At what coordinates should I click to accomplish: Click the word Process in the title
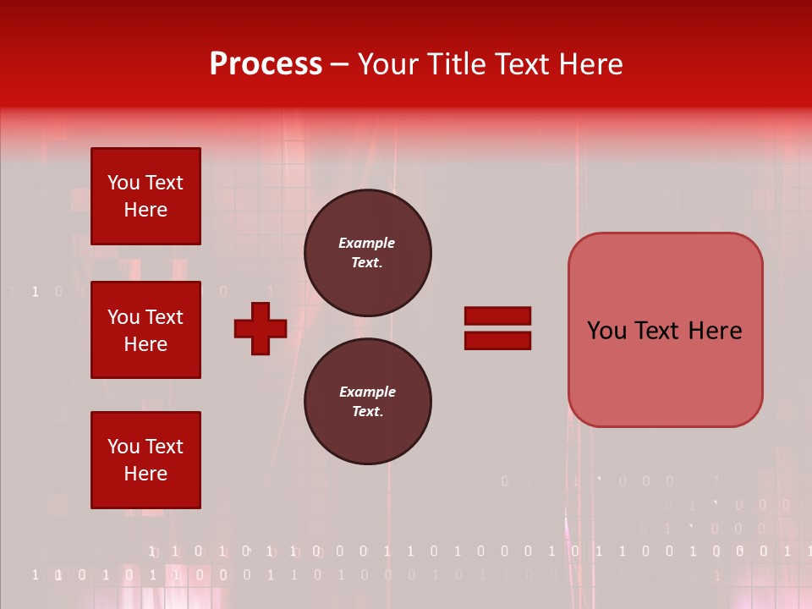[x=265, y=64]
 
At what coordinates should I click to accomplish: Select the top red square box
[x=145, y=196]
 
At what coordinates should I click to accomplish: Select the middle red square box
[x=145, y=330]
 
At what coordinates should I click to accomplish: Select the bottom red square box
[x=145, y=460]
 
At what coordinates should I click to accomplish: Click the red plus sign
[x=261, y=328]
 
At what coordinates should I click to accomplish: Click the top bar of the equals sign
[x=497, y=316]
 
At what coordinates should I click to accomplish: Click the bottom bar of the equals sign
[x=497, y=340]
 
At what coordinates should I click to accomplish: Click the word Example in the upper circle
[x=366, y=243]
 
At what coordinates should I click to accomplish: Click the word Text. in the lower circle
[x=367, y=412]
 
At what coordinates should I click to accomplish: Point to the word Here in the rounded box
[x=715, y=331]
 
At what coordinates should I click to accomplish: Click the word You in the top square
[x=123, y=183]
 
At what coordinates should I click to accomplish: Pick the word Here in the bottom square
[x=145, y=475]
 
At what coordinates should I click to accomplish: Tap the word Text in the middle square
[x=163, y=317]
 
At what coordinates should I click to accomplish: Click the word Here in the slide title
[x=590, y=64]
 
